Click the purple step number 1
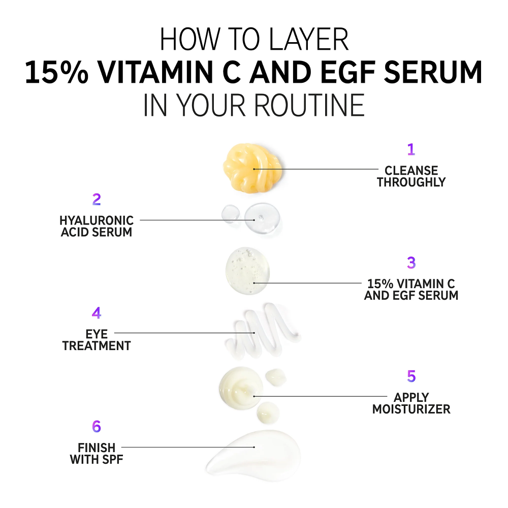coord(411,149)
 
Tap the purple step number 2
coord(97,199)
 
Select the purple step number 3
coord(411,263)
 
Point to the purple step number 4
coord(97,312)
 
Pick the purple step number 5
coord(411,376)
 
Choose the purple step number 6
coord(97,426)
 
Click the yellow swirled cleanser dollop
coord(252,168)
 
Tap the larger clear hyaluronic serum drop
coord(262,218)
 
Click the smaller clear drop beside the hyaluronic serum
coord(231,214)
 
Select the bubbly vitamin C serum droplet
coord(247,271)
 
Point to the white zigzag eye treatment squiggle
coord(263,331)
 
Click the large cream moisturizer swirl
coord(241,388)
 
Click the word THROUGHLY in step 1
coord(411,182)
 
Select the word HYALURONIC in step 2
coord(97,220)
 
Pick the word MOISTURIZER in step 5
coord(411,409)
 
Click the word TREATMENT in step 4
coord(97,346)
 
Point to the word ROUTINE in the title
coord(309,105)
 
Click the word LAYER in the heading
coord(309,39)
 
